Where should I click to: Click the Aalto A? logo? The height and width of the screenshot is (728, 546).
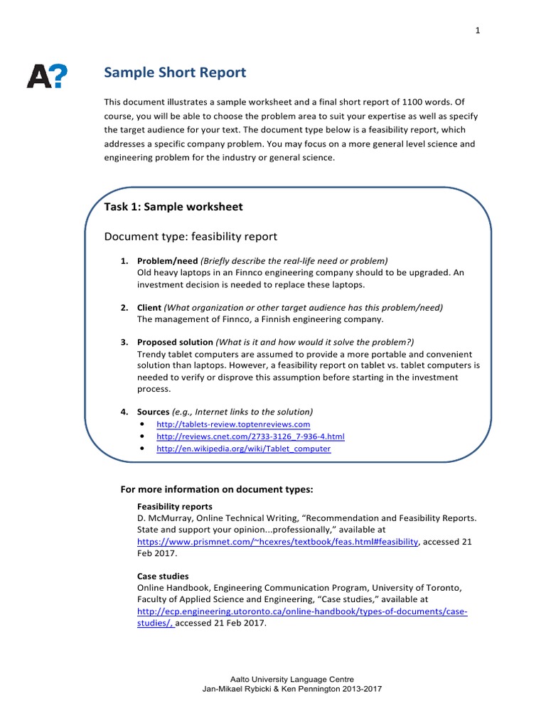click(x=48, y=75)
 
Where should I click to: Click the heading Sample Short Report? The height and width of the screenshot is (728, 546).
click(x=175, y=73)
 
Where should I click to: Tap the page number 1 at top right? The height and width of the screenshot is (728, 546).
click(x=478, y=31)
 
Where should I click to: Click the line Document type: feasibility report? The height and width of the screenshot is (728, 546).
click(x=191, y=236)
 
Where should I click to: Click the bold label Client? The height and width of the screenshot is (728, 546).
click(x=149, y=307)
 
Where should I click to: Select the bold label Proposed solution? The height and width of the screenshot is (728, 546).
click(x=175, y=342)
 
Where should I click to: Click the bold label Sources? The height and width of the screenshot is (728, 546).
click(x=153, y=412)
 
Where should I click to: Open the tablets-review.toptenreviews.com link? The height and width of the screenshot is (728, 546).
click(x=233, y=424)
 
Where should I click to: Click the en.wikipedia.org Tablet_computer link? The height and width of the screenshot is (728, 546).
click(x=243, y=449)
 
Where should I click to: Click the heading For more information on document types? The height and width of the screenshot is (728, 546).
click(x=217, y=490)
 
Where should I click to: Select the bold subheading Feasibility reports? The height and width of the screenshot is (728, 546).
click(x=174, y=506)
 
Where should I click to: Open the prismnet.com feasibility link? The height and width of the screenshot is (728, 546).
click(x=277, y=541)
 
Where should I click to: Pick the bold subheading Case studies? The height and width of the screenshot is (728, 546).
click(x=163, y=576)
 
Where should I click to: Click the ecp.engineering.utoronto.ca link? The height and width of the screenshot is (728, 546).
click(x=302, y=611)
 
